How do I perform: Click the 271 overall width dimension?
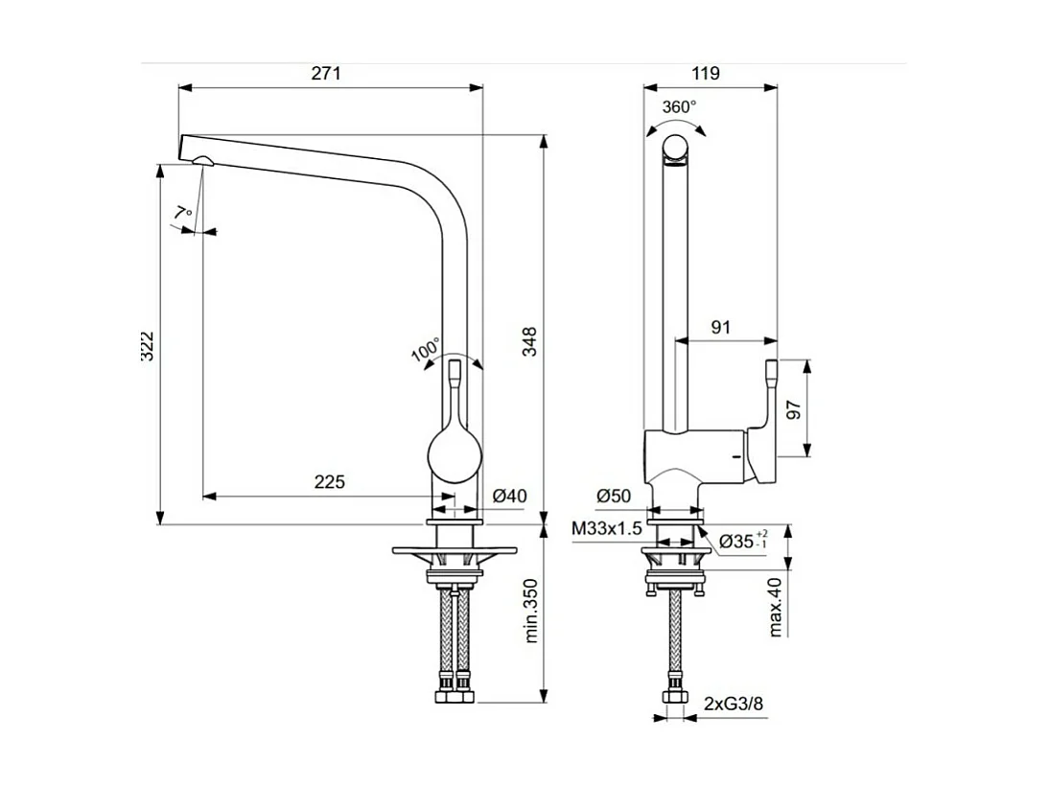[x=327, y=74]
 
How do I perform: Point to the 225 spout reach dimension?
[x=329, y=482]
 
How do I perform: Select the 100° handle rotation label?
[x=425, y=350]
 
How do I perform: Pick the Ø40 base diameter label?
[x=510, y=496]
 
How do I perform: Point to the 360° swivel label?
[x=679, y=106]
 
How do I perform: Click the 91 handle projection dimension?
[x=720, y=327]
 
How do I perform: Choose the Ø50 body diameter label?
[x=613, y=496]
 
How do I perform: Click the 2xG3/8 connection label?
[x=734, y=705]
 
